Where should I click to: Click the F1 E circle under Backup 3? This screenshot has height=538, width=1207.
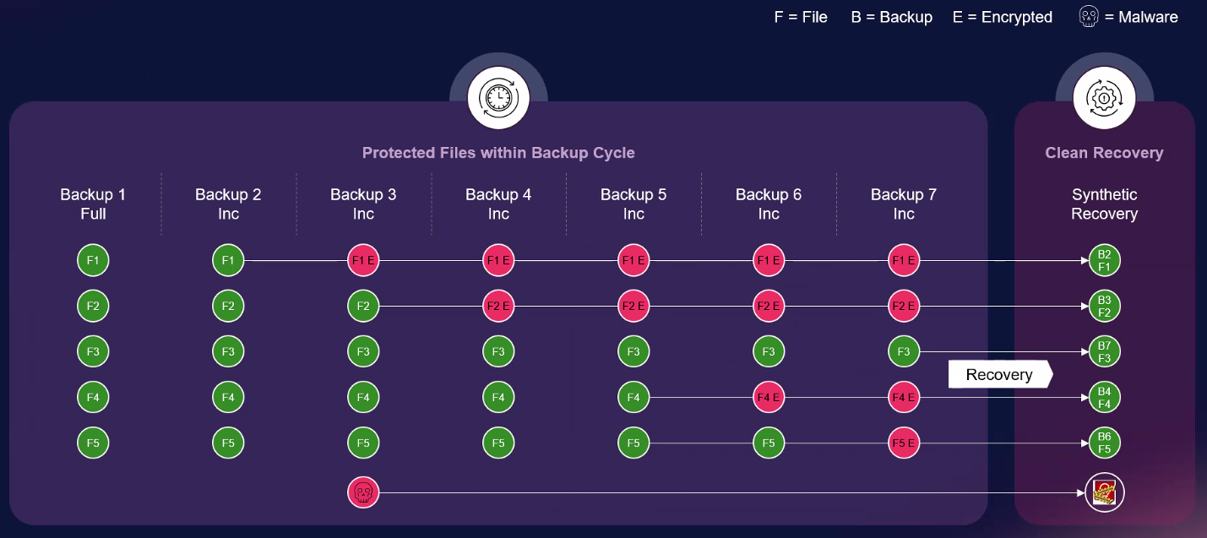coord(363,261)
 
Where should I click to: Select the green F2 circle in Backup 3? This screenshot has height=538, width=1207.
coord(363,306)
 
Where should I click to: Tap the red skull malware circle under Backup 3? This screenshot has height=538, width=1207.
coord(363,492)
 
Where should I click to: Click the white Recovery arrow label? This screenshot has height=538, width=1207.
coord(1000,374)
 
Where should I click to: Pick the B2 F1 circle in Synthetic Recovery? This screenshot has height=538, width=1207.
coord(1104,261)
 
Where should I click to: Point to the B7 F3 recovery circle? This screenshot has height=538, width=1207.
coord(1104,352)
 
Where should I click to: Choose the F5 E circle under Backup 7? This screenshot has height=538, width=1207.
coord(904,443)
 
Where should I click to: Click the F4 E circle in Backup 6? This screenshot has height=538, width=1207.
coord(769,397)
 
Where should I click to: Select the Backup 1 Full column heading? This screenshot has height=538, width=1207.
coord(93,204)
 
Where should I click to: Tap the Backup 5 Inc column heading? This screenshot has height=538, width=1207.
coord(633,204)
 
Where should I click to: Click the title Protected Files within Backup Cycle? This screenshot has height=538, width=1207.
coord(498,153)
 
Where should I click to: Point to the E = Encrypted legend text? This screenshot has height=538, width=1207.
coord(1002,17)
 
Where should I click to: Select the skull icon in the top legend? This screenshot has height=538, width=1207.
coord(1090,17)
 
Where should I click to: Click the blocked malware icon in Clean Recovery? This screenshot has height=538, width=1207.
coord(1104,492)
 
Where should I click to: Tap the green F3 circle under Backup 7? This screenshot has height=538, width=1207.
coord(904,351)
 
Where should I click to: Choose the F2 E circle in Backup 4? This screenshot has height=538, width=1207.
coord(498,306)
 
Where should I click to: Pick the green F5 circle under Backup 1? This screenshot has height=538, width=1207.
coord(93,443)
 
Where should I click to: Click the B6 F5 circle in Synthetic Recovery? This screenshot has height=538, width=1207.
coord(1104,443)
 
